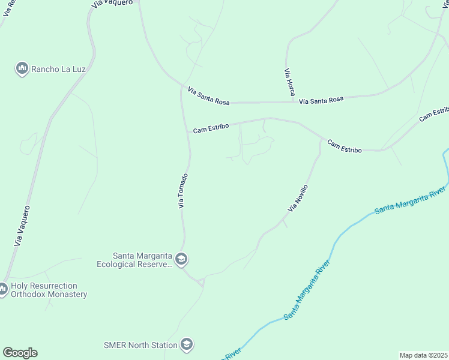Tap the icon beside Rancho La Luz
(22, 69)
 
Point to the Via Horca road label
(290, 82)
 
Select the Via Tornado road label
(184, 191)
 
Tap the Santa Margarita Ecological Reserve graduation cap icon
(181, 260)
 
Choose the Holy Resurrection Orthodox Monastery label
(49, 290)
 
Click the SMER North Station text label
(140, 345)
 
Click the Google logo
(20, 353)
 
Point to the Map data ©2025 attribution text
(423, 355)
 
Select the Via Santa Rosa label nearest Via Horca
(321, 100)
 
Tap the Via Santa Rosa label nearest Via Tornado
(209, 96)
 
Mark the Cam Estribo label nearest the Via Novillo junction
(344, 146)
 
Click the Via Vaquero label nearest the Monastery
(22, 226)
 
